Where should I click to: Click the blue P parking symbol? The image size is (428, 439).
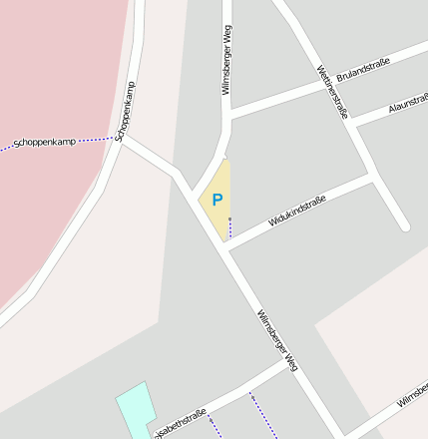tap(216, 201)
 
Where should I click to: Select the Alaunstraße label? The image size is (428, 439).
tap(408, 104)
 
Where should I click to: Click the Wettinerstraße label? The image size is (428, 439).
tap(332, 91)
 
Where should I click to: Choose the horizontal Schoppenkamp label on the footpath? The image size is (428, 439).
tap(44, 143)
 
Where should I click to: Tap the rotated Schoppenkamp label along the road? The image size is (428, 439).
tap(125, 110)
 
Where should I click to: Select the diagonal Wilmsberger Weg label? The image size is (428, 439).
tap(277, 340)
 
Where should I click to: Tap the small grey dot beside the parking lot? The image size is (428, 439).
tap(229, 219)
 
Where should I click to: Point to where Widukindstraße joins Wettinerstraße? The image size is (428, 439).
tap(373, 178)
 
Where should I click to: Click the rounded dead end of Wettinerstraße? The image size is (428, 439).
tap(405, 225)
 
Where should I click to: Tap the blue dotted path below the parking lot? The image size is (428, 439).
tap(229, 230)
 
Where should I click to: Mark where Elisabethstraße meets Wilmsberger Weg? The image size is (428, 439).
tap(289, 363)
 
